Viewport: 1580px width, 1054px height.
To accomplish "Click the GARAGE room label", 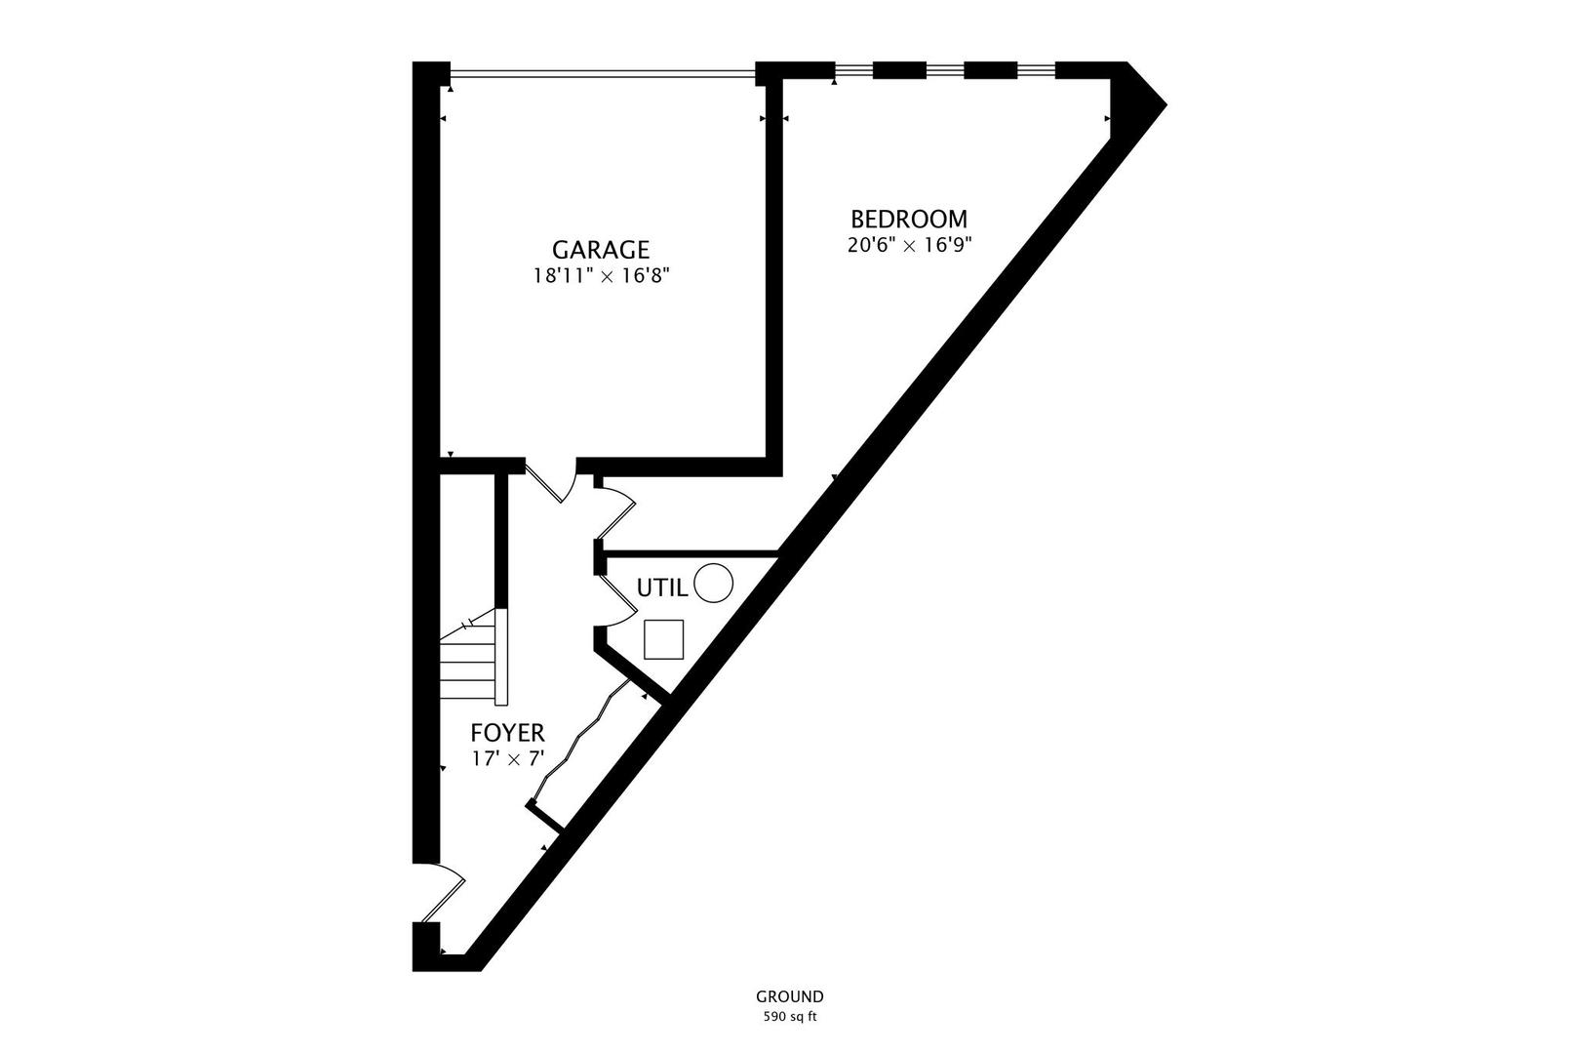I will coord(601,250).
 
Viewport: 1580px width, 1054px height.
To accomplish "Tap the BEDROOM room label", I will coord(909,219).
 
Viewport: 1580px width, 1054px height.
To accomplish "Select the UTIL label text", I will coord(662,588).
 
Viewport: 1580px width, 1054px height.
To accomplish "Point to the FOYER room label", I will coord(507,733).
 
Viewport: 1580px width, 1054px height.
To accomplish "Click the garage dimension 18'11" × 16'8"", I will coord(601,276).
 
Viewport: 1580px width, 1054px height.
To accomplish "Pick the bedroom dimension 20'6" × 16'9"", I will coord(909,245).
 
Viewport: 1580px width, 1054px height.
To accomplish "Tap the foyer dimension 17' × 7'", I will coord(507,758).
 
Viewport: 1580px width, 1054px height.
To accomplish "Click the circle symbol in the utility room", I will coord(713,584).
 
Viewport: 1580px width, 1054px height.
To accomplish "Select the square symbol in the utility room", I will coord(664,639).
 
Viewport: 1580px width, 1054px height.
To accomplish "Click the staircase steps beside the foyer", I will coord(472,664).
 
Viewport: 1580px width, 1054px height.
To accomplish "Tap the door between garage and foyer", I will coord(552,481).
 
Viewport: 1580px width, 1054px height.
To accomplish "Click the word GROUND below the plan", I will coord(789,996).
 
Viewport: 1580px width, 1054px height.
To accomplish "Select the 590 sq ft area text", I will coord(789,1017).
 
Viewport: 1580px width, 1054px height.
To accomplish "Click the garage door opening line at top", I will coord(602,70).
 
